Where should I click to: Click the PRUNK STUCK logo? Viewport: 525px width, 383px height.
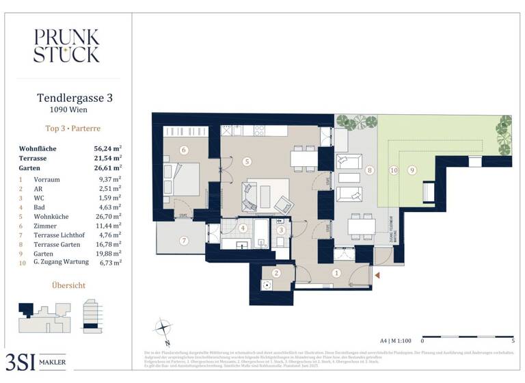click(x=66, y=46)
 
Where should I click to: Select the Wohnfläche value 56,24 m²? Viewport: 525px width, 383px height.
click(x=107, y=148)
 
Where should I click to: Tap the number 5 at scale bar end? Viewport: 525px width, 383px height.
click(x=513, y=340)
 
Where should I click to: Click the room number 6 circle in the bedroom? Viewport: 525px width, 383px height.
click(x=183, y=150)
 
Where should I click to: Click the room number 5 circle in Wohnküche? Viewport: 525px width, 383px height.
click(x=246, y=161)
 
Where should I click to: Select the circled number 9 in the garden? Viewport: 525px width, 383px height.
click(x=412, y=170)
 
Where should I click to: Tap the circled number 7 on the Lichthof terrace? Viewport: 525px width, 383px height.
click(x=183, y=240)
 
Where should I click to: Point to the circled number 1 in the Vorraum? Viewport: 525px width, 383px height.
click(x=336, y=273)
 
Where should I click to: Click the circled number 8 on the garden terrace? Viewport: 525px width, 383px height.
click(x=370, y=170)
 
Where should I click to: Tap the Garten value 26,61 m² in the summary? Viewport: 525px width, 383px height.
click(x=107, y=167)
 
